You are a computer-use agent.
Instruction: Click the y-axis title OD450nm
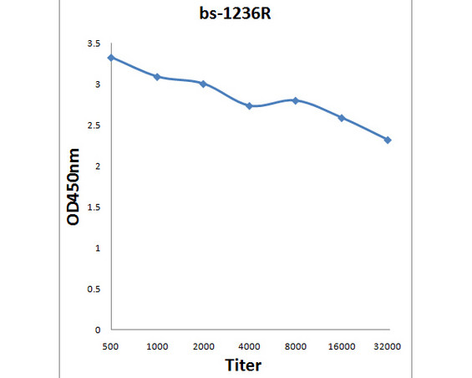[74, 187]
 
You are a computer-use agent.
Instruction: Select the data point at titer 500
[111, 58]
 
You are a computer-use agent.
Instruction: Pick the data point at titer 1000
[157, 77]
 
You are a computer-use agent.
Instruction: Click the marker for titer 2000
[203, 84]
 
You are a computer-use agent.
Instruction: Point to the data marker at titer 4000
[249, 106]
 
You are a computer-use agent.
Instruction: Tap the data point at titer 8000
[295, 100]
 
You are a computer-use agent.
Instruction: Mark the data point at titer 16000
[342, 118]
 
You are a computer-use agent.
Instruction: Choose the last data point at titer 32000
[388, 140]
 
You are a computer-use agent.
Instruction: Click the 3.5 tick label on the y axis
[94, 43]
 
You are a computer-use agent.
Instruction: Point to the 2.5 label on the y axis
[94, 125]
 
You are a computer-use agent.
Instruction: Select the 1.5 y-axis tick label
[94, 207]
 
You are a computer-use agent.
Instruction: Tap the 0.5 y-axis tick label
[94, 289]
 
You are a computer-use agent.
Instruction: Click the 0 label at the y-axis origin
[98, 330]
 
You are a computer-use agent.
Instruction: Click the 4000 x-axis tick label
[249, 345]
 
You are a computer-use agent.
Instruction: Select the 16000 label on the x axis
[342, 345]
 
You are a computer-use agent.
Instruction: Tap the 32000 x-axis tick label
[388, 345]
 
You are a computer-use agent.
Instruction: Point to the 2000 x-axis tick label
[203, 345]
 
